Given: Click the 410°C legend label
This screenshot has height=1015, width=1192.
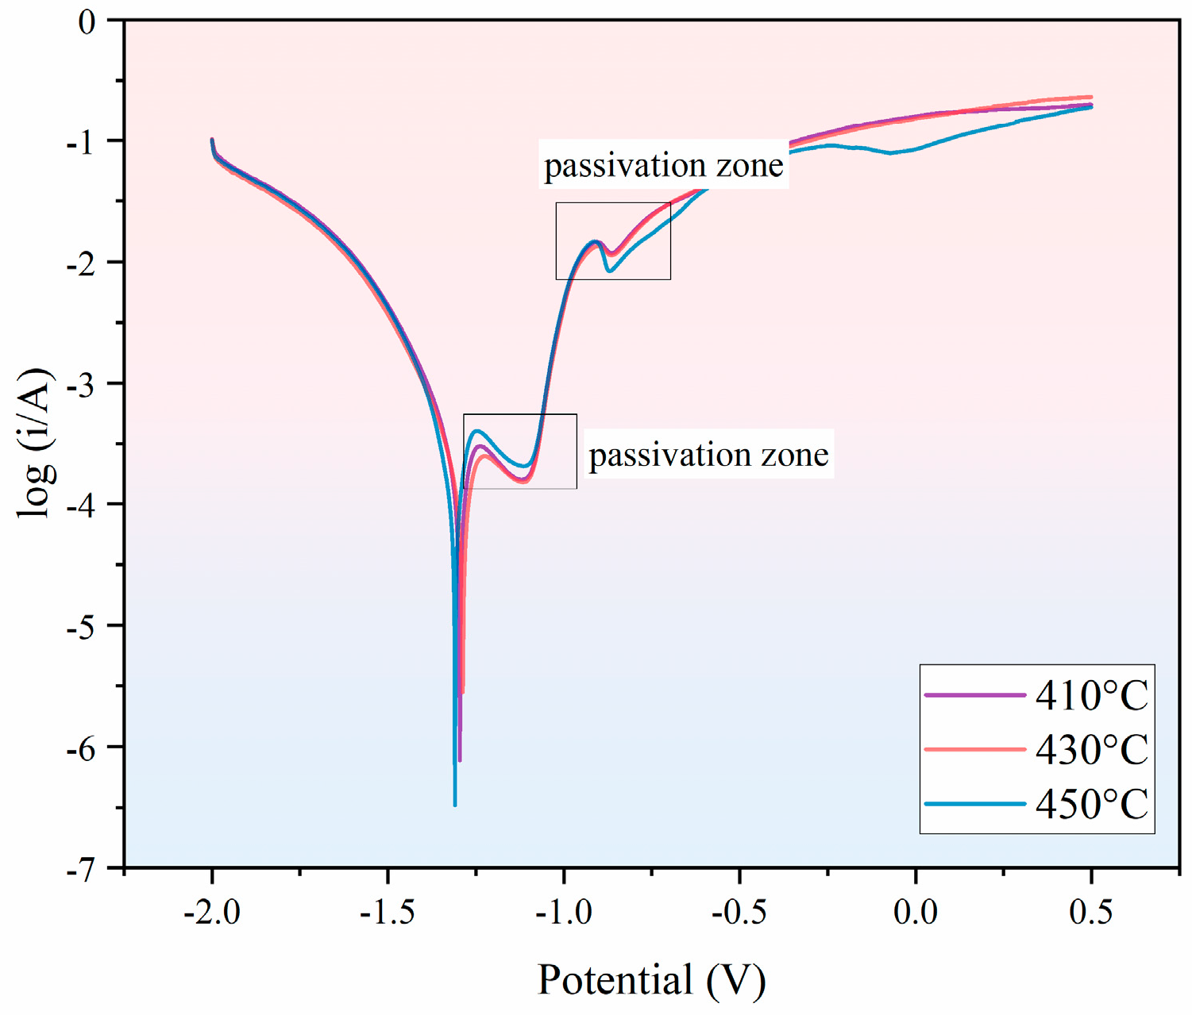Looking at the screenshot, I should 1092,696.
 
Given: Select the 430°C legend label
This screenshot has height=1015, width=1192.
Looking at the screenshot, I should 1092,750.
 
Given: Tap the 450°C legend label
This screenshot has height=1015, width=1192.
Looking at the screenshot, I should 1092,804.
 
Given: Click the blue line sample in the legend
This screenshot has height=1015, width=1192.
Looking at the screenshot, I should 975,804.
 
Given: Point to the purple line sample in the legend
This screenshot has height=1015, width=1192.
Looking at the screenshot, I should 975,695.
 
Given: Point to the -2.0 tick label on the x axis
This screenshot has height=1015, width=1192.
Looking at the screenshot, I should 211,913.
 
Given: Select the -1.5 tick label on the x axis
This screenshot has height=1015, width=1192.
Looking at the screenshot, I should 388,913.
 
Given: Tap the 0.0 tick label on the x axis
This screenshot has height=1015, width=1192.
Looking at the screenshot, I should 915,913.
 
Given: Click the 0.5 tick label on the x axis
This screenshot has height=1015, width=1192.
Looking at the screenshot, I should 1091,913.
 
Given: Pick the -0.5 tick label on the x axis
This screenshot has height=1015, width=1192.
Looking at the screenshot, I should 739,913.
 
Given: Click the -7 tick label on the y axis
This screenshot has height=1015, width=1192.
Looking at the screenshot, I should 81,869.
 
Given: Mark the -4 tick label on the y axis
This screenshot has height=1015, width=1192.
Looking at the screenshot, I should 81,506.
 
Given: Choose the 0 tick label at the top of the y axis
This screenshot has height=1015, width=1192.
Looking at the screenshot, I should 87,21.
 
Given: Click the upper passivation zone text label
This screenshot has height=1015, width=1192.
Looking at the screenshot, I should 664,165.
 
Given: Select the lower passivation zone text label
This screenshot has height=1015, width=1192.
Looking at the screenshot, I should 708,455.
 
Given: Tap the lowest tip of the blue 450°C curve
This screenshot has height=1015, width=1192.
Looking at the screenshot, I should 455,805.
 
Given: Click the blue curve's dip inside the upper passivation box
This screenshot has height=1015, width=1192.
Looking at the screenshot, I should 609,271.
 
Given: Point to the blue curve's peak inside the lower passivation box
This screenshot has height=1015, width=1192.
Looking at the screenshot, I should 477,431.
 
